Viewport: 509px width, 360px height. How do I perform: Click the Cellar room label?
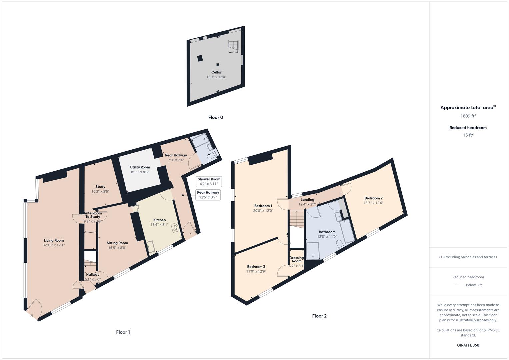pos(216,72)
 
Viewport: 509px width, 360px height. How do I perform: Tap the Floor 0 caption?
pos(216,117)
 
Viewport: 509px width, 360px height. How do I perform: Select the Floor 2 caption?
pos(319,316)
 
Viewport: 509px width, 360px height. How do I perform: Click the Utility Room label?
pos(140,167)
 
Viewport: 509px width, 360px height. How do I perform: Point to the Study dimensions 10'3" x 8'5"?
pos(100,192)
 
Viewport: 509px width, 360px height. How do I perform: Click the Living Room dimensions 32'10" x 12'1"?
pos(54,245)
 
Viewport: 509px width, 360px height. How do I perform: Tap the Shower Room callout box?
pos(209,181)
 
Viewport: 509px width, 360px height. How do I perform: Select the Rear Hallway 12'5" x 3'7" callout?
pos(208,195)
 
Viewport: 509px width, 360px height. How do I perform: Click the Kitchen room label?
pos(159,220)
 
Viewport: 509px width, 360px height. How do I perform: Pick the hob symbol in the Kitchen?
pos(175,228)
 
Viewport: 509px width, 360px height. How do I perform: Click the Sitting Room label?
pos(117,243)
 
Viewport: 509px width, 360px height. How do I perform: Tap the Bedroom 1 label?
pos(263,206)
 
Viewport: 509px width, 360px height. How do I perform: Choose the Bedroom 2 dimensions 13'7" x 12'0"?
pos(373,203)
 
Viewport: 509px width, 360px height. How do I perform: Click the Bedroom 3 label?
pos(256,267)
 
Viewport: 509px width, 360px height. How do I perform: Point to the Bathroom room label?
pos(327,232)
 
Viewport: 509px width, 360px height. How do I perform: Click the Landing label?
pos(307,200)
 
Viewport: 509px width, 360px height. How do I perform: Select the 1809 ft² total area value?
pos(468,116)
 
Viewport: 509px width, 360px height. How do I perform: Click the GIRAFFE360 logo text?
pos(468,345)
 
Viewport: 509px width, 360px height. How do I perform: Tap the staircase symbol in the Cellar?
pos(233,46)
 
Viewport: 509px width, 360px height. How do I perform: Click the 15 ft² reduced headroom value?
pos(468,135)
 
